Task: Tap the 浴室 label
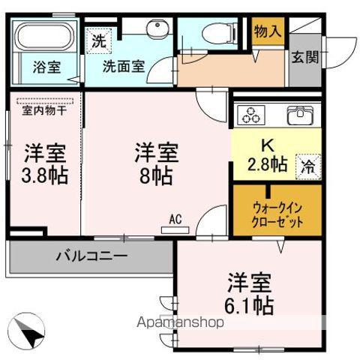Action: point(46,66)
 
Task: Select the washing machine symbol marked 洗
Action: point(99,41)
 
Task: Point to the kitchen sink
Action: point(300,116)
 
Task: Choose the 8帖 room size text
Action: point(156,177)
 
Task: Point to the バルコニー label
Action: point(91,256)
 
